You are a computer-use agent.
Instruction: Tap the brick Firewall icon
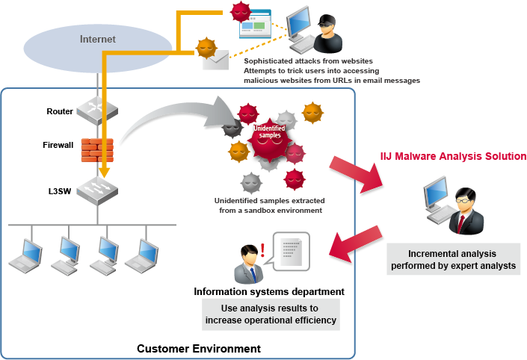coord(96,150)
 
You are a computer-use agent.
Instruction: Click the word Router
coord(59,111)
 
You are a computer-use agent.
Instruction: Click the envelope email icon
coord(214,60)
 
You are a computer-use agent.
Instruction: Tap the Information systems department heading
coord(268,291)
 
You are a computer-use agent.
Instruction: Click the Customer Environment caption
coord(198,349)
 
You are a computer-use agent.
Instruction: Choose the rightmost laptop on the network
coord(140,255)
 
